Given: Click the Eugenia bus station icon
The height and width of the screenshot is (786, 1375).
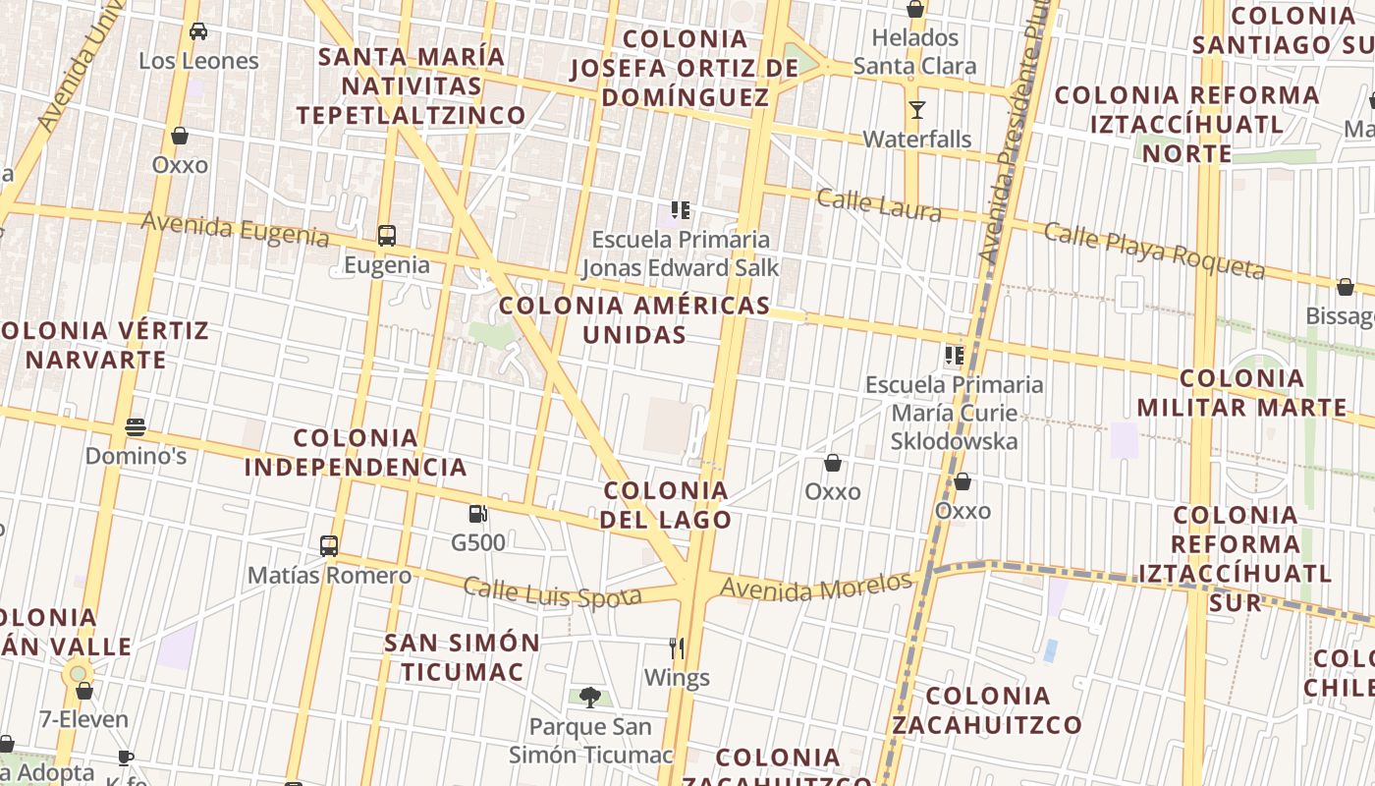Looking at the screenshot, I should (387, 236).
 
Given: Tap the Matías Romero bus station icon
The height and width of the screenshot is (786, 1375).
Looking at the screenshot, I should (329, 546).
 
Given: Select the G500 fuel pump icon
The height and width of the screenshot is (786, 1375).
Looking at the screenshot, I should (477, 513).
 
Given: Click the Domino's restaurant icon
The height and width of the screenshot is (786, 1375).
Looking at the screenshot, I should (136, 427).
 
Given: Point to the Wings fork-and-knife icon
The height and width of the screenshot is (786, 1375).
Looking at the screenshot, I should (676, 648).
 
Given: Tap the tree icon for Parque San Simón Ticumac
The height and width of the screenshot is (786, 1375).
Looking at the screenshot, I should (589, 698).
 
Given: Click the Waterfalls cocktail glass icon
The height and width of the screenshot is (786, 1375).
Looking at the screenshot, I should (916, 110).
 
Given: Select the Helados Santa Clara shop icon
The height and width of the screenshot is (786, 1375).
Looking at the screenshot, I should (915, 9).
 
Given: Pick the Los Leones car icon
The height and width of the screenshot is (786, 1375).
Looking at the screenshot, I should (198, 31).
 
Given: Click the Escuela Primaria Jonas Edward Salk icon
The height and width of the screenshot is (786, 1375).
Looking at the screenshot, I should (680, 210).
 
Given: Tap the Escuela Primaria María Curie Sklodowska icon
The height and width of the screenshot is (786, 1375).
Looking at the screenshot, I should (953, 356).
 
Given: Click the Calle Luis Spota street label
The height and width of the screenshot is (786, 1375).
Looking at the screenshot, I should (552, 592).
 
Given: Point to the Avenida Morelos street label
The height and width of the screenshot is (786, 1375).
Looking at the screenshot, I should (816, 588).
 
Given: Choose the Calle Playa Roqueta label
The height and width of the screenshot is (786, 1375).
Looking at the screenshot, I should (1153, 250).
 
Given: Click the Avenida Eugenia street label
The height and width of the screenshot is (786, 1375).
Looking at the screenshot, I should (235, 230).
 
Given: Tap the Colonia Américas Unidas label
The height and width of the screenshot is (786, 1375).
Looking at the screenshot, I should (633, 319).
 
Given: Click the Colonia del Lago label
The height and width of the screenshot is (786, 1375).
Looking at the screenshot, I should (667, 505).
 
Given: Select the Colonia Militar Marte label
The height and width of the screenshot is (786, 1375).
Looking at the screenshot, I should (1241, 393).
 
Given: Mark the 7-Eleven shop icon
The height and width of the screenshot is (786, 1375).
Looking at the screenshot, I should (84, 691).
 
